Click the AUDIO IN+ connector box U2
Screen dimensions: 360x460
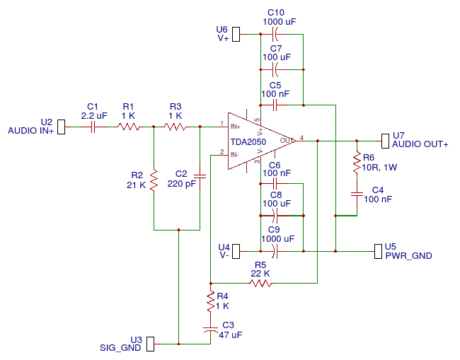pos(61,127)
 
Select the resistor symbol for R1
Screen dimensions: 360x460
pos(128,127)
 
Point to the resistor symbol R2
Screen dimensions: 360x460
pos(154,185)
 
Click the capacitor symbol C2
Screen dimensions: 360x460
pos(200,176)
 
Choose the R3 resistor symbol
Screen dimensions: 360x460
pos(175,127)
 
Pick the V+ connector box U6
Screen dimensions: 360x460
pos(236,34)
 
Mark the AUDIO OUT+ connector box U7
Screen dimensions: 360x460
pos(385,140)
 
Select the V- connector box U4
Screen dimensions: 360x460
pos(236,250)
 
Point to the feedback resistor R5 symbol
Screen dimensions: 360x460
pos(260,283)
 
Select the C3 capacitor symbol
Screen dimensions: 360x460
pos(210,330)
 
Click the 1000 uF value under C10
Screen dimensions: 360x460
pos(279,22)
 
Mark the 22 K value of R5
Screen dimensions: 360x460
pos(260,273)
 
